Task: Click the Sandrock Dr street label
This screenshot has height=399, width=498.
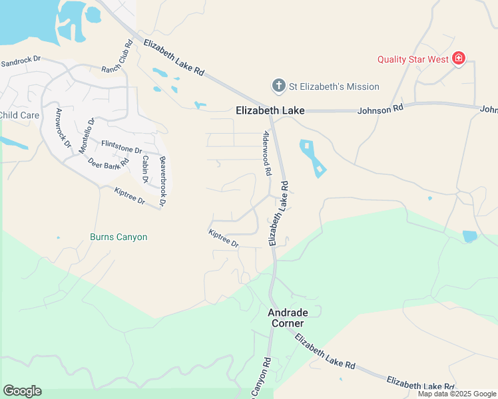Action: [21, 61]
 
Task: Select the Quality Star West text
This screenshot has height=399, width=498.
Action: [413, 59]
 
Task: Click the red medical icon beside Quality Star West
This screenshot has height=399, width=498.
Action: [458, 59]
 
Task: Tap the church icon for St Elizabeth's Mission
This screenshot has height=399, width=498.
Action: [278, 86]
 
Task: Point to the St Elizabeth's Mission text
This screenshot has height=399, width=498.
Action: [334, 86]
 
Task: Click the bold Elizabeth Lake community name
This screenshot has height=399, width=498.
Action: [270, 110]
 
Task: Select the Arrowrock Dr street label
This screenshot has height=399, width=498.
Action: [63, 128]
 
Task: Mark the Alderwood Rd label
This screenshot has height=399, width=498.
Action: [267, 152]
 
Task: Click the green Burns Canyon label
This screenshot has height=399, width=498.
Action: [119, 237]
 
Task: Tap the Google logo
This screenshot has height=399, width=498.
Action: [22, 391]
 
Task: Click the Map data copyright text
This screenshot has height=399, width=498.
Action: [457, 394]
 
